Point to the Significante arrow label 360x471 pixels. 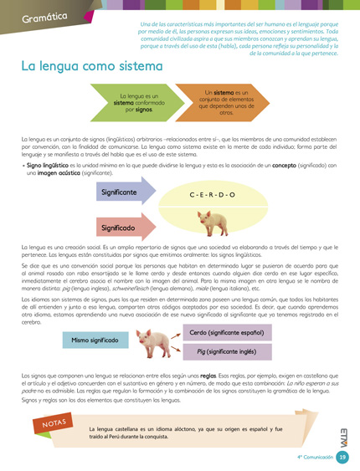click(x=119, y=192)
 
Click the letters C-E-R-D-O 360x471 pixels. click(x=212, y=193)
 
